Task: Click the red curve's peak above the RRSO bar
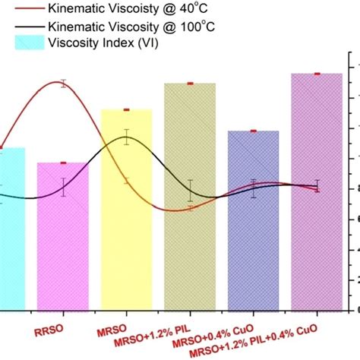pyautogui.click(x=63, y=83)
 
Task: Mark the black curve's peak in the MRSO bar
pyautogui.click(x=127, y=137)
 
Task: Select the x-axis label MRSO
pyautogui.click(x=110, y=332)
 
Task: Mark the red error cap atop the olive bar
pyautogui.click(x=190, y=84)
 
